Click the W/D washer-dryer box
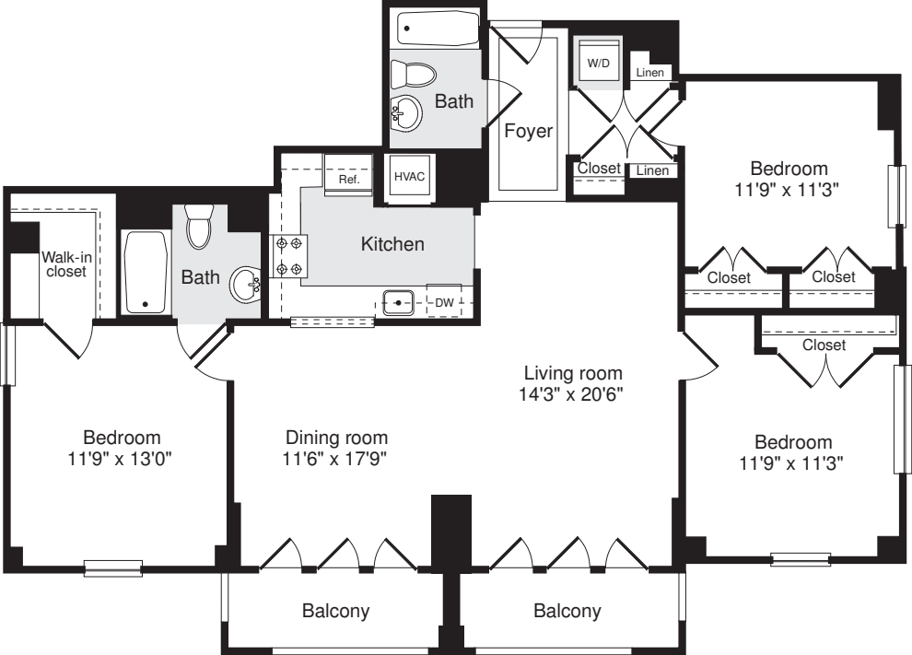tap(599, 63)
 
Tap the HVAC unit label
tap(409, 177)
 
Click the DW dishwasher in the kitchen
tap(444, 301)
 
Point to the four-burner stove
tap(289, 257)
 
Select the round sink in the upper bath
tap(406, 114)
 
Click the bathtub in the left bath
tap(145, 273)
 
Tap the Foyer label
tap(529, 131)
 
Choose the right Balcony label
tap(567, 611)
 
